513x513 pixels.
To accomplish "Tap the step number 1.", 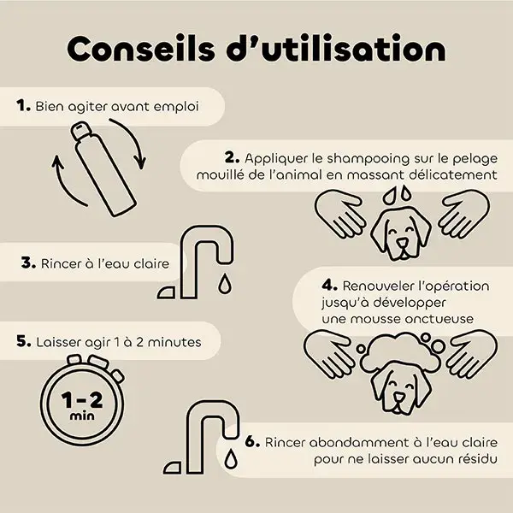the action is pyautogui.click(x=24, y=106).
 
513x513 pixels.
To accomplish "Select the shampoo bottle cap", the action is pyautogui.click(x=80, y=131).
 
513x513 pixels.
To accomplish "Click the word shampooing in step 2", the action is pyautogui.click(x=368, y=159).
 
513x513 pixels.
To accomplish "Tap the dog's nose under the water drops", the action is pyautogui.click(x=402, y=243).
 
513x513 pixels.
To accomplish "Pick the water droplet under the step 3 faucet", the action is pyautogui.click(x=224, y=283).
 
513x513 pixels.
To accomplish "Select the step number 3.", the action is pyautogui.click(x=28, y=263).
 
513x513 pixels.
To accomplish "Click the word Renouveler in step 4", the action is pyautogui.click(x=379, y=286).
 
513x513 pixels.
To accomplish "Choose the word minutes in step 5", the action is pyautogui.click(x=174, y=342).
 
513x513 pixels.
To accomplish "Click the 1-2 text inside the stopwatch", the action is pyautogui.click(x=82, y=400).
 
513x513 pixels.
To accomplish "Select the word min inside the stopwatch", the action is pyautogui.click(x=82, y=416).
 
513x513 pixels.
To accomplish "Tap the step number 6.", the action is pyautogui.click(x=252, y=442).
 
